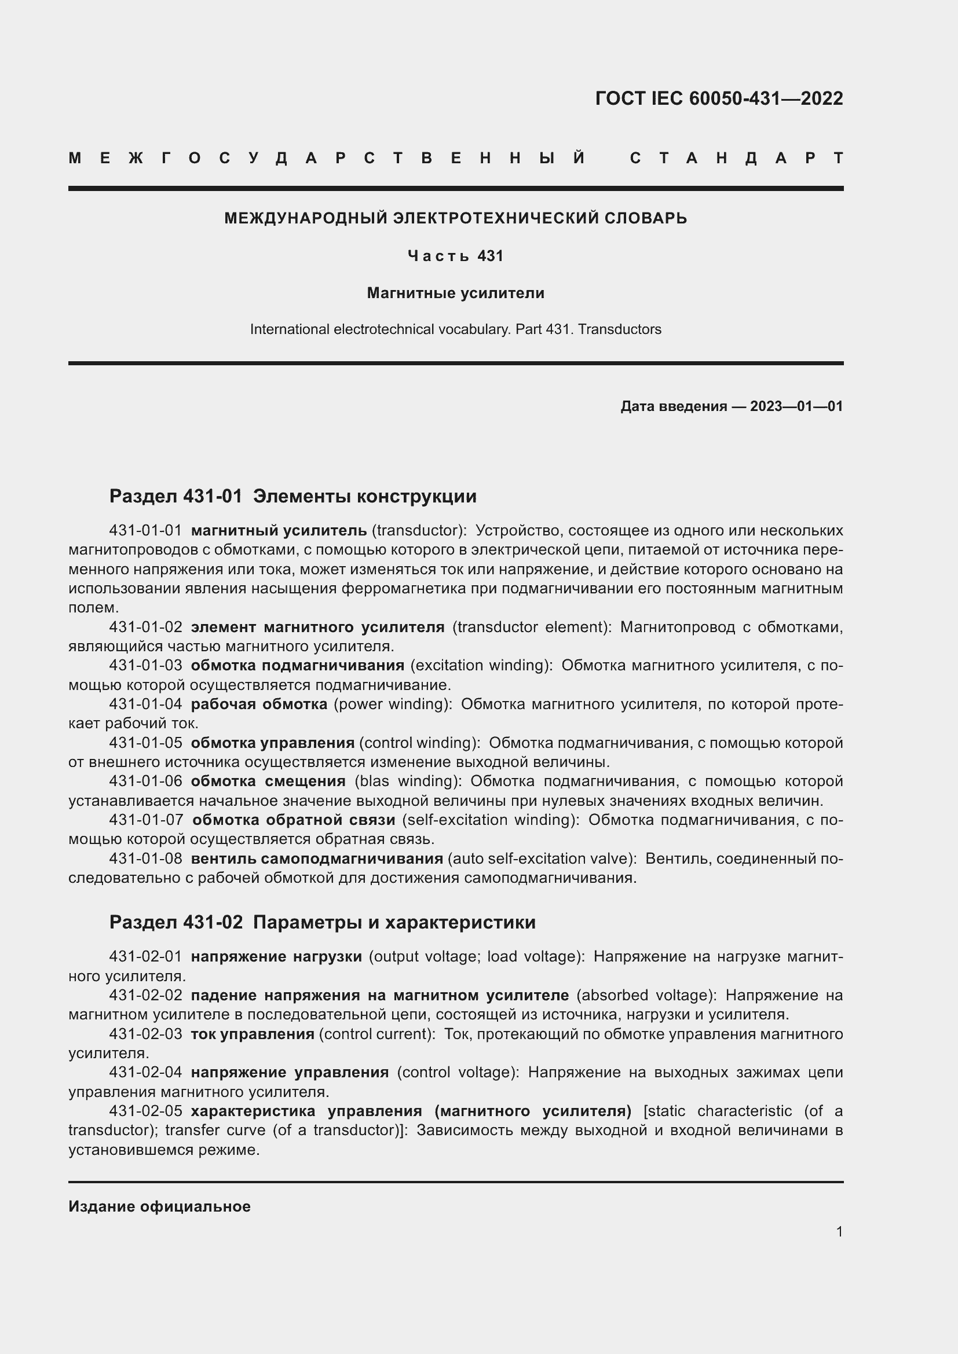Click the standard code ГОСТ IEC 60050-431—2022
(x=718, y=98)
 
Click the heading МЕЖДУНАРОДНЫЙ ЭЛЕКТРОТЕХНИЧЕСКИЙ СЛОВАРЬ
(x=455, y=218)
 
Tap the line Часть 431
(x=455, y=256)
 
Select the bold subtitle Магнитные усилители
(x=455, y=293)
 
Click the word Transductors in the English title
(x=619, y=329)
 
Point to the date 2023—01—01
(x=796, y=406)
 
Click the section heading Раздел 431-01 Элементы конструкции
(x=292, y=497)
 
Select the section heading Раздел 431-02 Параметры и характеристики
(x=322, y=922)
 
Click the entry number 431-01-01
(x=146, y=531)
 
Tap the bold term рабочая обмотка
(x=259, y=704)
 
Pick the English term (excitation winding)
(x=481, y=665)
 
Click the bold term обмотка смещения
(x=268, y=781)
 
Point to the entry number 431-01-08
(x=146, y=858)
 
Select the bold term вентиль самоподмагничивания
(x=317, y=858)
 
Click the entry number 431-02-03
(x=146, y=1034)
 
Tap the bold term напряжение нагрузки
(x=276, y=956)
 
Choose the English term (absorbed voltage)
(x=646, y=996)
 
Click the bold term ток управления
(x=253, y=1034)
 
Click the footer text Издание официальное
(x=159, y=1206)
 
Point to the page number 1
(x=839, y=1231)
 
